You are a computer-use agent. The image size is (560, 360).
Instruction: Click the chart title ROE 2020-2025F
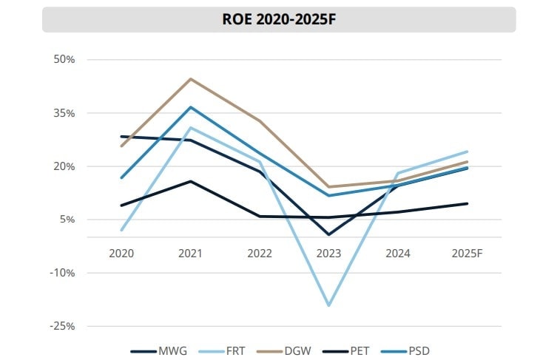point(279,20)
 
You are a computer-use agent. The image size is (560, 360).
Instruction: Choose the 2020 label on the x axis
point(121,253)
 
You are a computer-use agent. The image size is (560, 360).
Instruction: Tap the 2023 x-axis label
point(328,253)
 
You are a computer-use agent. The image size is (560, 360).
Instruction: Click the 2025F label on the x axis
point(467,253)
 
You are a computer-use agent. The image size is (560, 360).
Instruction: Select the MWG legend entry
point(159,350)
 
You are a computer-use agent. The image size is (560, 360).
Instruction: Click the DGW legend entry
point(297,350)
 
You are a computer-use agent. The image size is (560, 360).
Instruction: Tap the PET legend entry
point(362,350)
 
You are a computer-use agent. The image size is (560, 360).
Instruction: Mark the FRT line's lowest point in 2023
point(328,305)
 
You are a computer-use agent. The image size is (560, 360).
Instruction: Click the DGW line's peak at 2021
point(190,78)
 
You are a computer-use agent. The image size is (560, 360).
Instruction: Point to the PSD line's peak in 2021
point(190,107)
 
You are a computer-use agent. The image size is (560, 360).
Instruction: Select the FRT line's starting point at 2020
point(121,230)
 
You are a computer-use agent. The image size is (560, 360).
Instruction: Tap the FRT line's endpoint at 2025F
point(467,152)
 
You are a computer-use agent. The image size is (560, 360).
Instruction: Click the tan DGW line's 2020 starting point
point(121,146)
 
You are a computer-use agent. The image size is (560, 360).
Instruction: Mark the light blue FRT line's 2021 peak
point(190,128)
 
